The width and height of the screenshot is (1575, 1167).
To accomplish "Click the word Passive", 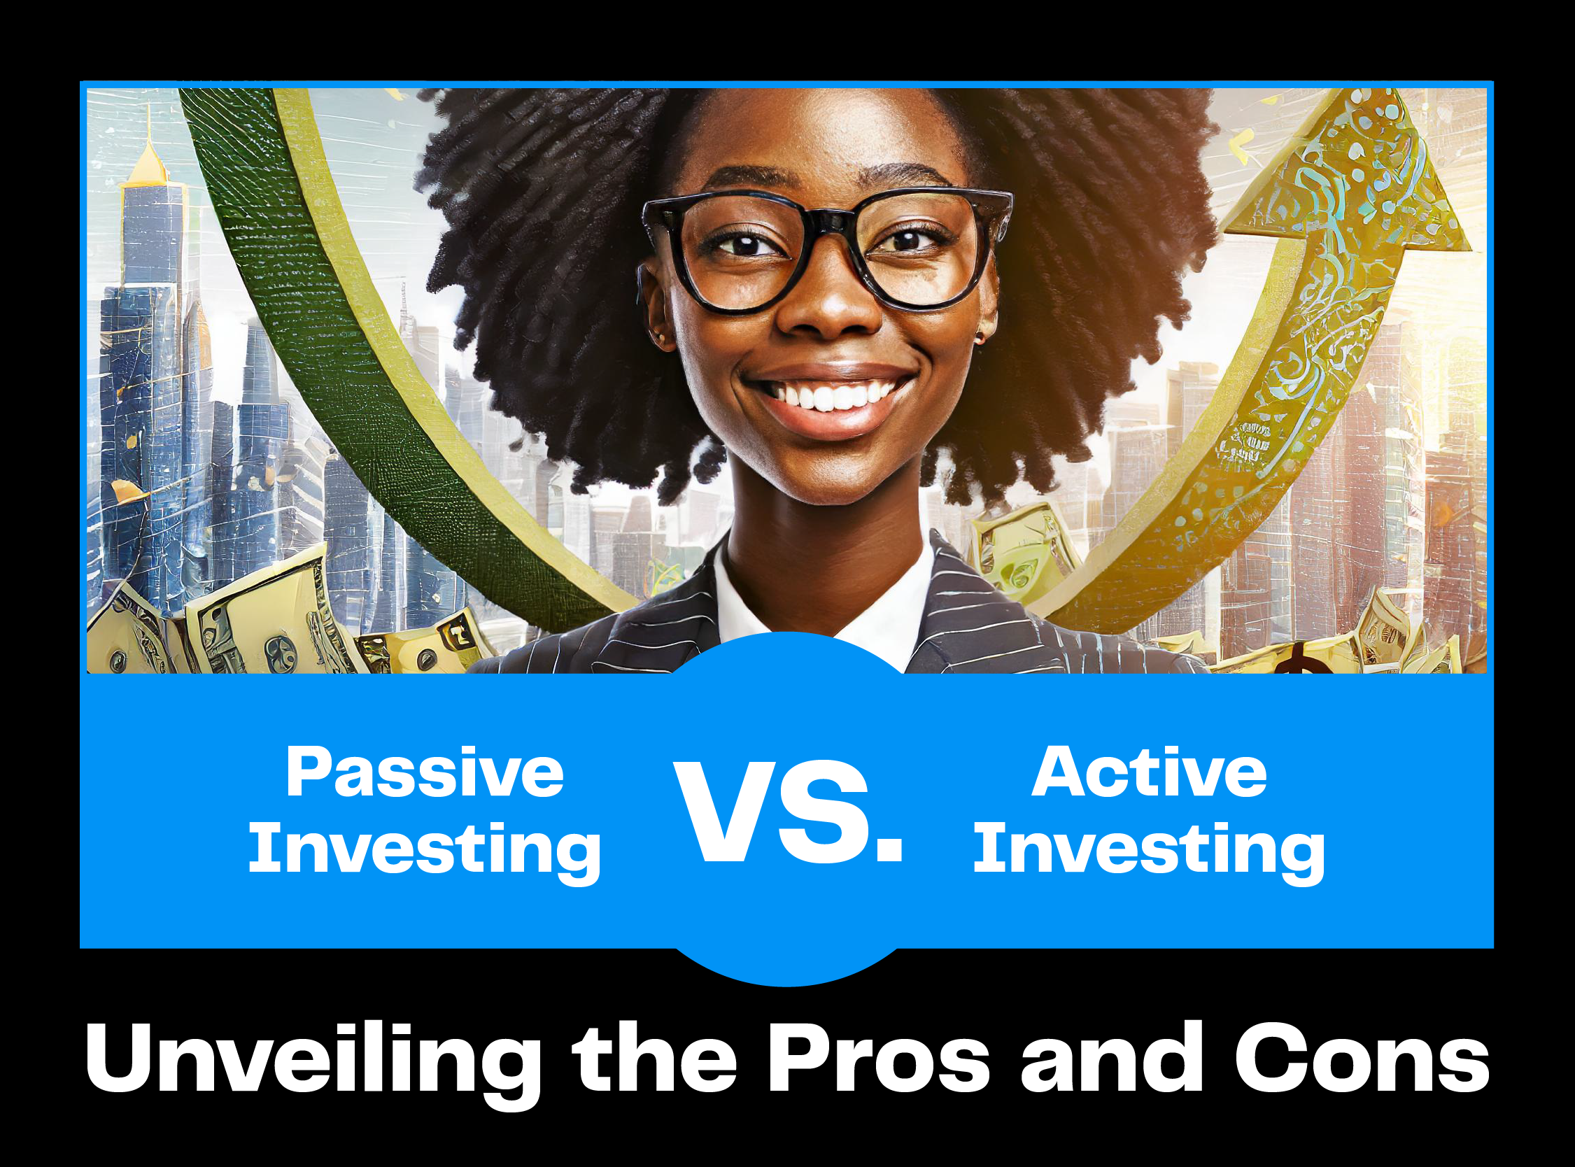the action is tap(425, 773).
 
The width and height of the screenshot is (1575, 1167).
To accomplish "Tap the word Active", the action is tap(1149, 772).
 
